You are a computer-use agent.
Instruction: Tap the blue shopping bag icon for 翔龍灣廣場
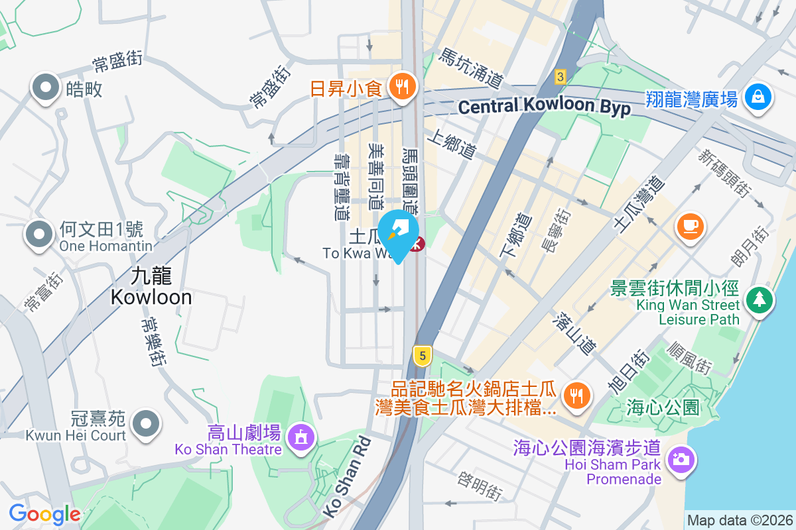coord(758,97)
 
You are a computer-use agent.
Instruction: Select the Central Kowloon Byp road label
coord(544,107)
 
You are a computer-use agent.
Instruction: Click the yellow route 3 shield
coord(561,78)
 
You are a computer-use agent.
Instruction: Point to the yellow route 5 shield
coord(421,356)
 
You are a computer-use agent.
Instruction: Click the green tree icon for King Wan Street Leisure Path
coord(759,299)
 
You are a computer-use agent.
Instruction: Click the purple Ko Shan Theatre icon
coord(301,437)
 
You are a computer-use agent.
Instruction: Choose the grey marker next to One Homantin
coord(39,234)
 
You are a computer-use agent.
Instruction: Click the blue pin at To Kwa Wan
coord(398,233)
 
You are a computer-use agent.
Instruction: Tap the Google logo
coord(44,514)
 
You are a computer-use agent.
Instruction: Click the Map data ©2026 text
coord(739,520)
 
